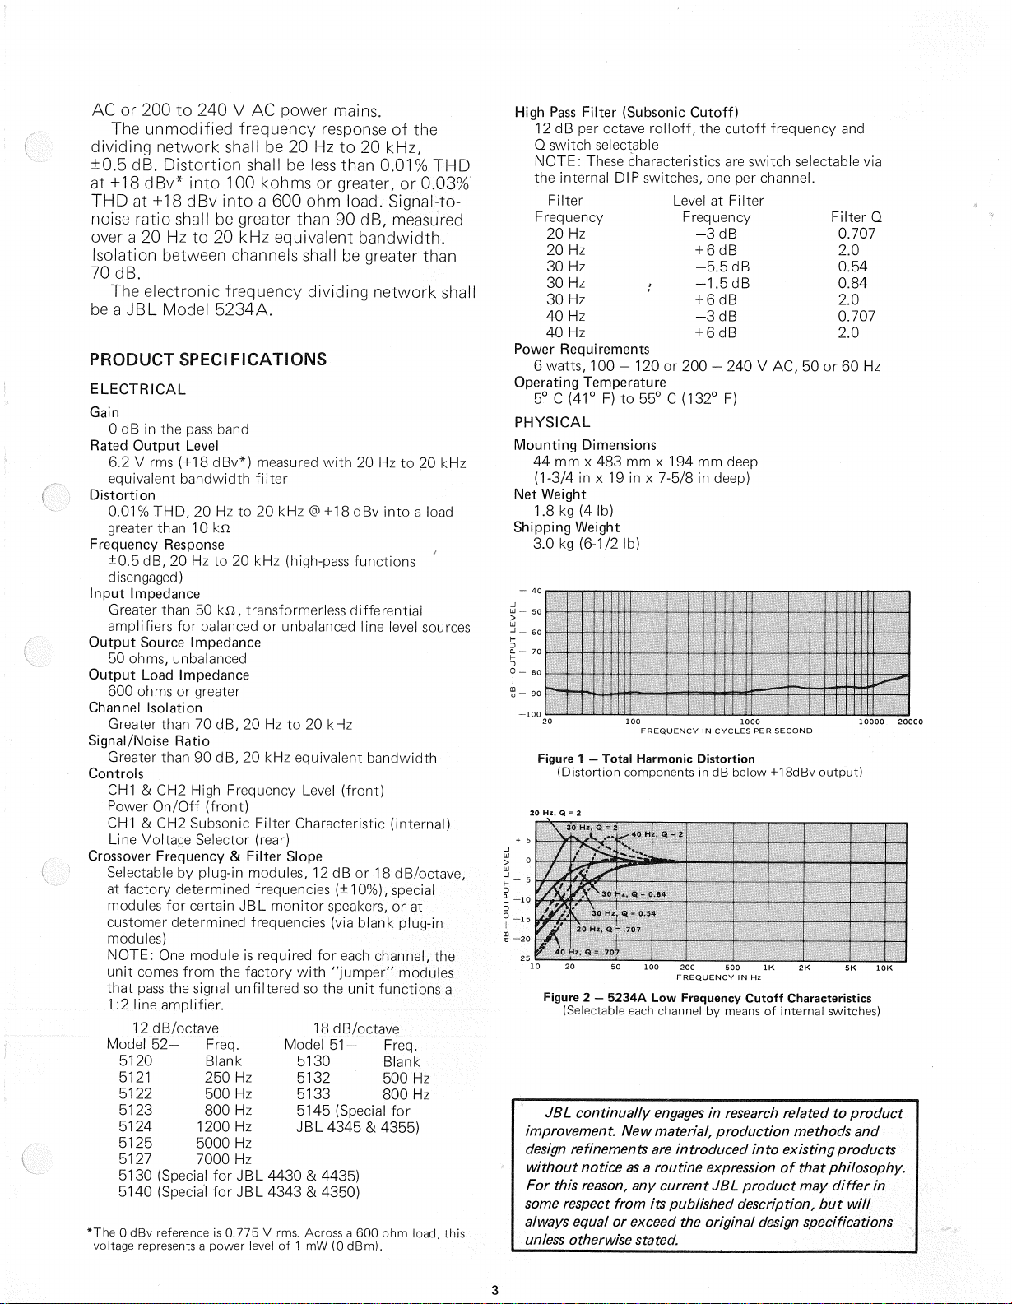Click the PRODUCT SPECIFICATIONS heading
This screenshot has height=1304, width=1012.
point(208,360)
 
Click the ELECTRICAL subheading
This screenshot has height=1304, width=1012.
point(137,389)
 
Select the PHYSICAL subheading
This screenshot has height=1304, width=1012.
point(552,423)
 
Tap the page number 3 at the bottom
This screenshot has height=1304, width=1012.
point(494,1290)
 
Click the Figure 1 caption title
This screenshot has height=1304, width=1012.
point(646,759)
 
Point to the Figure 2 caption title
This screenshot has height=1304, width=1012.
point(708,998)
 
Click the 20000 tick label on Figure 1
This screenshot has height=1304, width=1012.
point(909,722)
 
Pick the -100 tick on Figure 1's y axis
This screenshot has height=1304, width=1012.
point(527,715)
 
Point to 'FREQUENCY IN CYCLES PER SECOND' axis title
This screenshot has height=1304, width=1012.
point(727,731)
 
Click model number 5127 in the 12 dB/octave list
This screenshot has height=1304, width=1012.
point(135,1159)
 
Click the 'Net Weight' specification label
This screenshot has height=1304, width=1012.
point(550,494)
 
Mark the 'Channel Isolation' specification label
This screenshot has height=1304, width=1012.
point(146,708)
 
